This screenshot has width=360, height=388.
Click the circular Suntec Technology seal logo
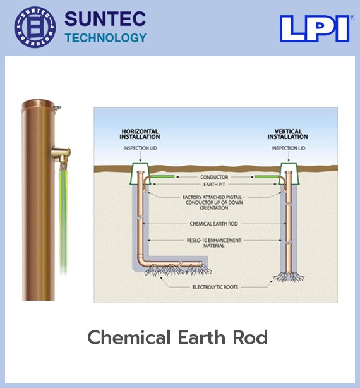[35, 27]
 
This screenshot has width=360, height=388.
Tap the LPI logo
[315, 28]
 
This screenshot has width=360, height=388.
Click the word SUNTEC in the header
[105, 18]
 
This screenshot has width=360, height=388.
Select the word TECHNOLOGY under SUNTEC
[105, 38]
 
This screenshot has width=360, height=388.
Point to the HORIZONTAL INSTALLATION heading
[140, 134]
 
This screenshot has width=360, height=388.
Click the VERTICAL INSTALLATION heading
[288, 134]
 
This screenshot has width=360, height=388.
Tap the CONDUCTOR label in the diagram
[214, 177]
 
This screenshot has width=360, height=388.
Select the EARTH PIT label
[214, 185]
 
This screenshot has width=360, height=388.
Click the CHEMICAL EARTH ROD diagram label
[213, 224]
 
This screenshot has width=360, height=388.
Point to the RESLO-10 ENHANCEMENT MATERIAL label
[214, 243]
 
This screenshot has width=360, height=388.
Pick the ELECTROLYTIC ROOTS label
[215, 287]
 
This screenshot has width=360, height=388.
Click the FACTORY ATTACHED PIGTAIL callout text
[213, 202]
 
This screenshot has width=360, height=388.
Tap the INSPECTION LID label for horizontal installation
[140, 149]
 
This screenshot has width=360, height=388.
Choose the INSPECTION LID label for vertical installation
[288, 149]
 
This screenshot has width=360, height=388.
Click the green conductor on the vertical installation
[267, 177]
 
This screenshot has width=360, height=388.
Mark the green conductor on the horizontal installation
[162, 177]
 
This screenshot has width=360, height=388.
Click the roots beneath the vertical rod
[289, 277]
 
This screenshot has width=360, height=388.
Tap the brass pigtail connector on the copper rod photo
[61, 154]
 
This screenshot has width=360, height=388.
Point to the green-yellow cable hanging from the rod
[63, 218]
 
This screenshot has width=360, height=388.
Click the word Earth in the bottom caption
[201, 337]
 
